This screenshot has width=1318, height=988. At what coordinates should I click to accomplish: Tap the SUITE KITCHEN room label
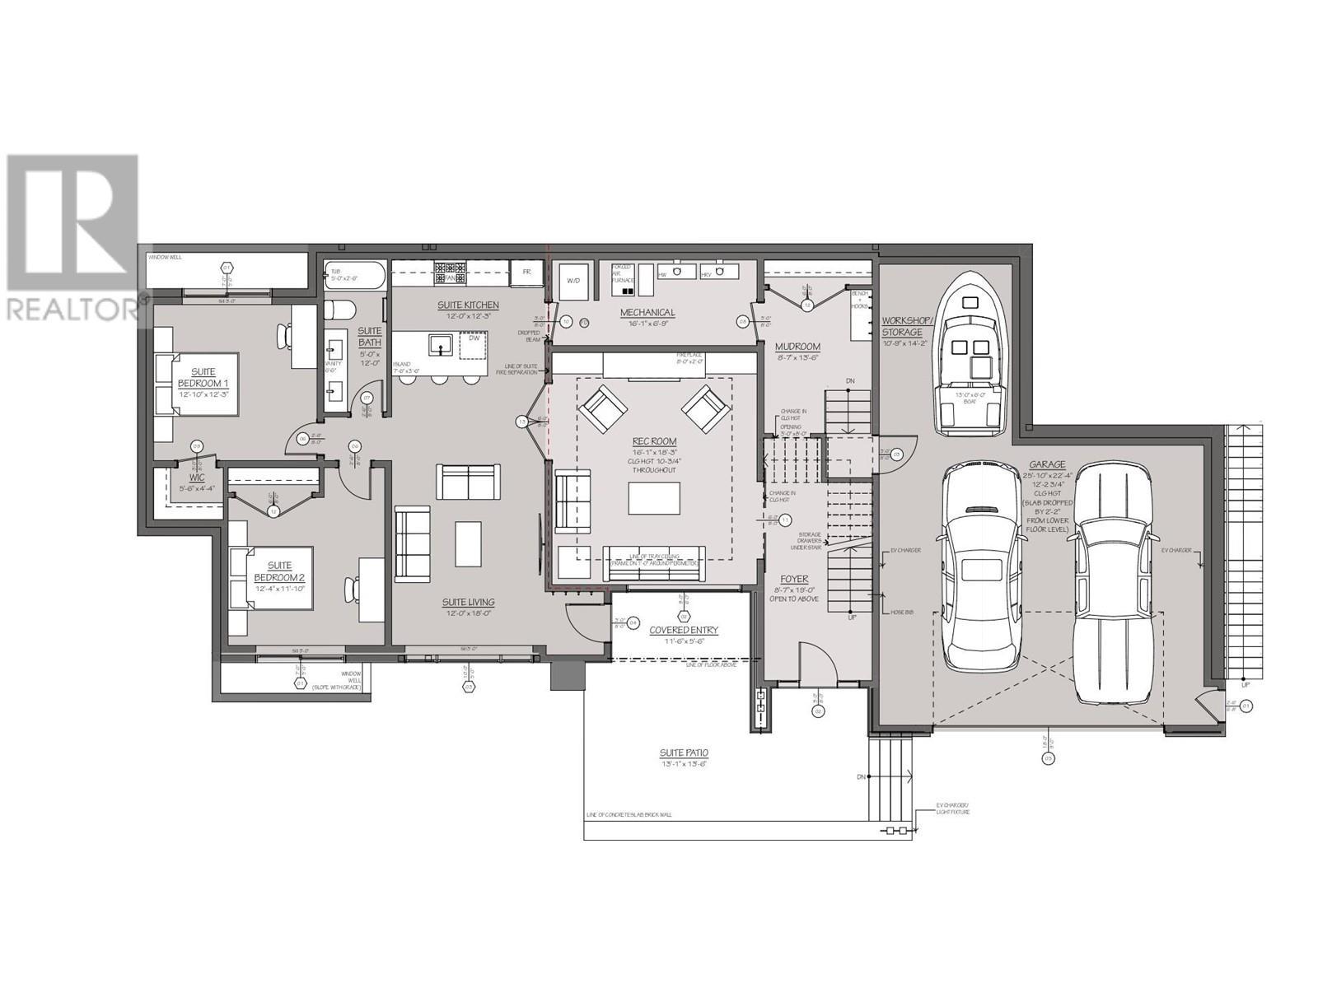[467, 305]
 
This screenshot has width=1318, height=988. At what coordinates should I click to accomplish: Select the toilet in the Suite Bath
[339, 312]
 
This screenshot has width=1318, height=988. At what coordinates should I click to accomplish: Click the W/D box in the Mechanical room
[573, 281]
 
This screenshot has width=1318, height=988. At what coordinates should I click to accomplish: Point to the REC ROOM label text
[654, 442]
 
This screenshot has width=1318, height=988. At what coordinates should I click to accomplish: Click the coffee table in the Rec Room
[654, 498]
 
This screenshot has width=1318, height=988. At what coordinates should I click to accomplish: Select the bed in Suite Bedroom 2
[272, 577]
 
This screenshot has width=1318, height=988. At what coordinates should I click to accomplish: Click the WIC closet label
[196, 478]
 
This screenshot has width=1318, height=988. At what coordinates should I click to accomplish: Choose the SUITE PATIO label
[683, 753]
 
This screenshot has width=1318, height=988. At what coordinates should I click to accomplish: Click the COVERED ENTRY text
[684, 630]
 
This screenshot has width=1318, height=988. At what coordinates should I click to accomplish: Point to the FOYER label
[794, 579]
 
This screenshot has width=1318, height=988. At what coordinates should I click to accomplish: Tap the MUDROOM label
[797, 347]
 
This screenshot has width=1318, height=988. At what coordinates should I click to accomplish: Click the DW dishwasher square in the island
[473, 339]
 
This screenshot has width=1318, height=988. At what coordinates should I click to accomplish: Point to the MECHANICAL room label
[647, 313]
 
